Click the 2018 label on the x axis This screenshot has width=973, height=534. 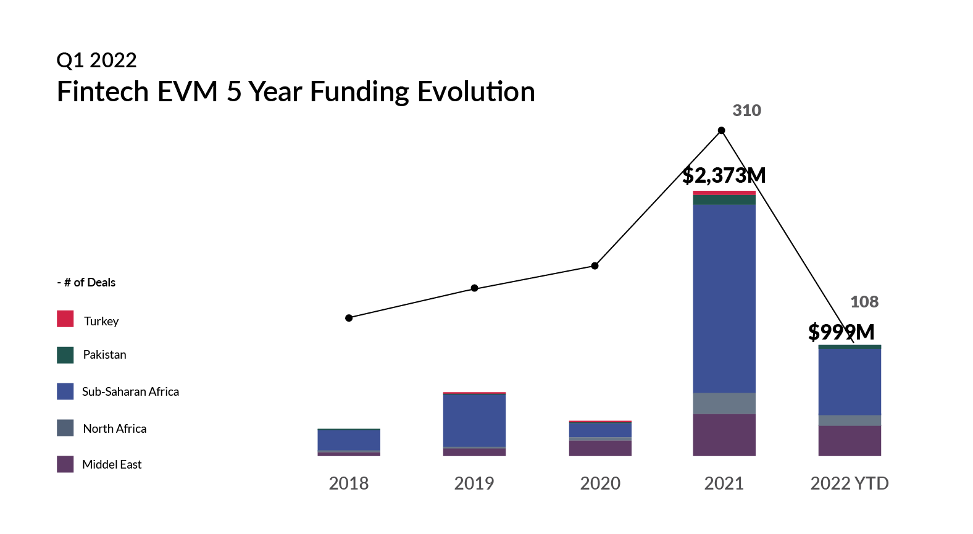point(348,483)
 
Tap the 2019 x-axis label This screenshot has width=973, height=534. point(474,483)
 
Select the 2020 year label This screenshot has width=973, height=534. point(600,483)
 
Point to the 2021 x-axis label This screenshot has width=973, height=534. point(724,483)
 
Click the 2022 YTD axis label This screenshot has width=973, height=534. point(849,483)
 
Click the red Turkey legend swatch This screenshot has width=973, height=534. point(65,319)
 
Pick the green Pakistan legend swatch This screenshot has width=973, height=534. point(65,355)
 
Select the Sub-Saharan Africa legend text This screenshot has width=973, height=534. point(130,392)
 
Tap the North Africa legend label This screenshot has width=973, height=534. point(115,429)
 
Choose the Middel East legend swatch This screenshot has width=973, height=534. point(65,464)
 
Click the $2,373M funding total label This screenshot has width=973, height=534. point(724,175)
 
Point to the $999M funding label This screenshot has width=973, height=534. point(841,332)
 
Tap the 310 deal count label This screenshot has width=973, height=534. point(746,111)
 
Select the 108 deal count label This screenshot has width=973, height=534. point(864,302)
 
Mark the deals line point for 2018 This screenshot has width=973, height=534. point(349,318)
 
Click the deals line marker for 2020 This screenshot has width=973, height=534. point(595,266)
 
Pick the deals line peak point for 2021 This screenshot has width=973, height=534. point(721,130)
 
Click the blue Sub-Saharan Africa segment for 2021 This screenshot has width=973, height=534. point(724,299)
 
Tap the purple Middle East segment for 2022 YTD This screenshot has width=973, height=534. point(850,441)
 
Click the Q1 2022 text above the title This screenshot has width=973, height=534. point(96,60)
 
